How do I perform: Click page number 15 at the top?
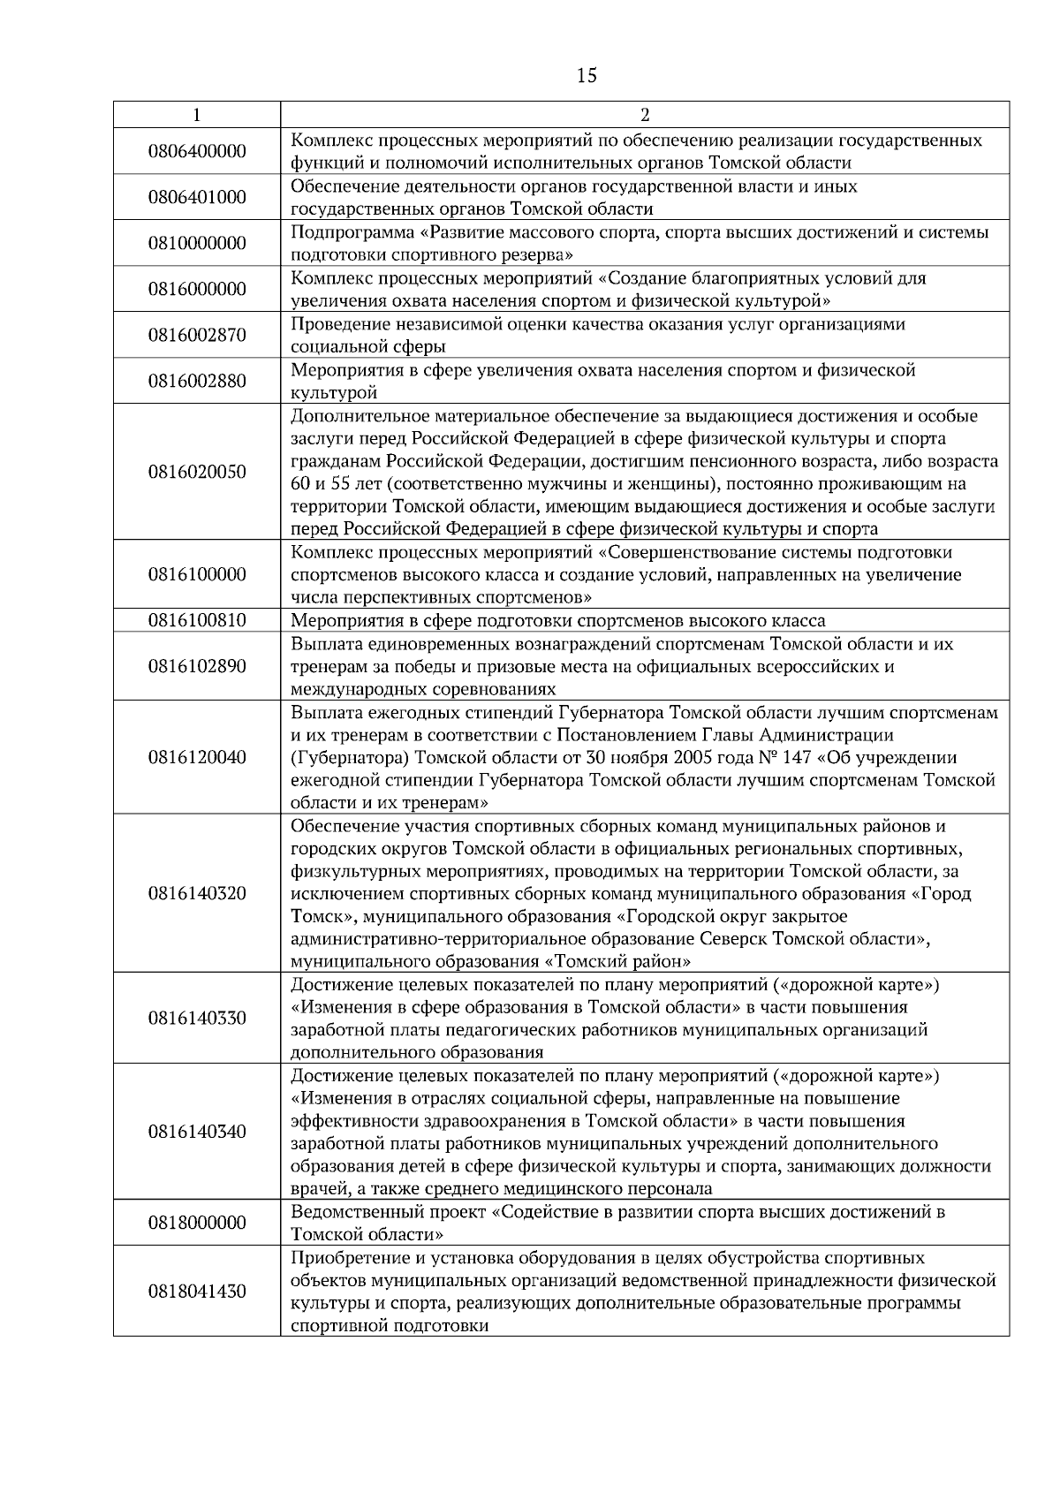coord(587,76)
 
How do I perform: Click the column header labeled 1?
coord(196,115)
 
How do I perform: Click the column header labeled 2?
coord(644,115)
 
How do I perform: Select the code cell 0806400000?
coord(197,152)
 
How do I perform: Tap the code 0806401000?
coord(197,198)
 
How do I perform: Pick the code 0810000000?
coord(197,244)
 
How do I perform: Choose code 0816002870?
coord(197,336)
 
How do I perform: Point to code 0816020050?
coord(197,472)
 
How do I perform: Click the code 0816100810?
coord(197,620)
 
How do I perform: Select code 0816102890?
coord(197,666)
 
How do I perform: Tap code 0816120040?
coord(197,758)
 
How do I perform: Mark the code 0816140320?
coord(197,894)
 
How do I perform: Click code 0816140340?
coord(197,1133)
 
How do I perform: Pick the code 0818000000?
coord(197,1223)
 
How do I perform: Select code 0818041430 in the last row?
coord(197,1292)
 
